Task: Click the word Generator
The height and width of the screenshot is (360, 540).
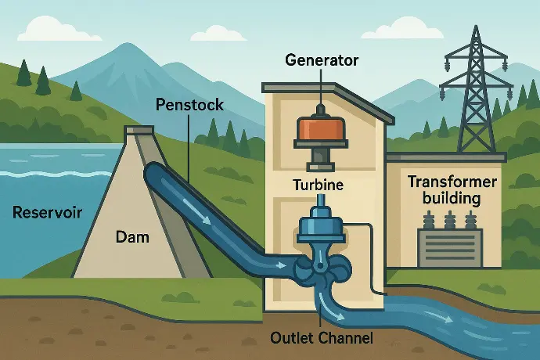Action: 322,60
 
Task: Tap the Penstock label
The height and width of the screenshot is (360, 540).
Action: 189,104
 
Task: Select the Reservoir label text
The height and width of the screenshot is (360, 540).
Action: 47,212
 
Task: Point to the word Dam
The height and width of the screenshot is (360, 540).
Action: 132,237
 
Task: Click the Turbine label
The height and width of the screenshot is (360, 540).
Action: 319,185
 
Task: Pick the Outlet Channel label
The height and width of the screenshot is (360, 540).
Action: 322,338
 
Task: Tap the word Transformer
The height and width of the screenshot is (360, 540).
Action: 452,182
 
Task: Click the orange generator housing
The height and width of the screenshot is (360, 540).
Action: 321,128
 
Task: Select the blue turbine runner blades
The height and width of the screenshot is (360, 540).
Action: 322,268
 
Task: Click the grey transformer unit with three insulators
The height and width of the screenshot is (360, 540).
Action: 449,239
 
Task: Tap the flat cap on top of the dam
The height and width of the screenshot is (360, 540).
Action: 139,130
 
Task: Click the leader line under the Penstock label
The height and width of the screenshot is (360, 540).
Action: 189,148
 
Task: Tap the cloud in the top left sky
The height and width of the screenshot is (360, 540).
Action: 59,29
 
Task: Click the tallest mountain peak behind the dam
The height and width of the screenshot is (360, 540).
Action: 128,44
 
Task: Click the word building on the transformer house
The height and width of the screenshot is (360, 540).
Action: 452,199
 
